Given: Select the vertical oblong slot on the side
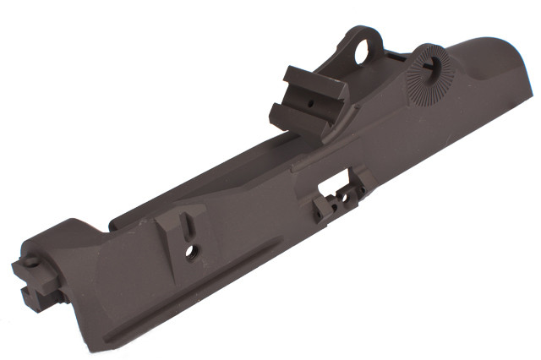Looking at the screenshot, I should pyautogui.click(x=188, y=226).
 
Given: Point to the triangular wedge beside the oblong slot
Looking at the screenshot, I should pyautogui.click(x=169, y=228).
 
